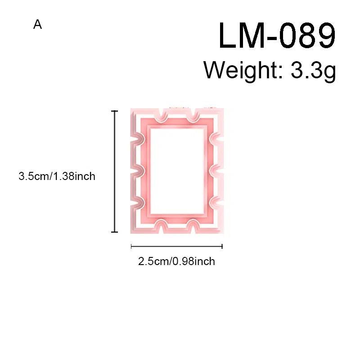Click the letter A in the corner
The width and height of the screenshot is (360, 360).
pyautogui.click(x=37, y=24)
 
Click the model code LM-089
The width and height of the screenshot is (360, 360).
pyautogui.click(x=277, y=35)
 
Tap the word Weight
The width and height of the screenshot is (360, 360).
pyautogui.click(x=240, y=70)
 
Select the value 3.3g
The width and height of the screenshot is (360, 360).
pyautogui.click(x=313, y=71)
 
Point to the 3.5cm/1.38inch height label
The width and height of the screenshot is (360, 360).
pyautogui.click(x=57, y=176)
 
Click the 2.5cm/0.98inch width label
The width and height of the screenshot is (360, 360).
pyautogui.click(x=176, y=261)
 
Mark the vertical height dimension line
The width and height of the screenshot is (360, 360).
pyautogui.click(x=115, y=171)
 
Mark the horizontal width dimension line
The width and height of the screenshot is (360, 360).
pyautogui.click(x=177, y=246)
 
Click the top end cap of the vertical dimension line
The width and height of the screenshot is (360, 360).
pyautogui.click(x=115, y=111)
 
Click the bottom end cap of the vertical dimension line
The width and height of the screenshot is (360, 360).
pyautogui.click(x=115, y=232)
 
